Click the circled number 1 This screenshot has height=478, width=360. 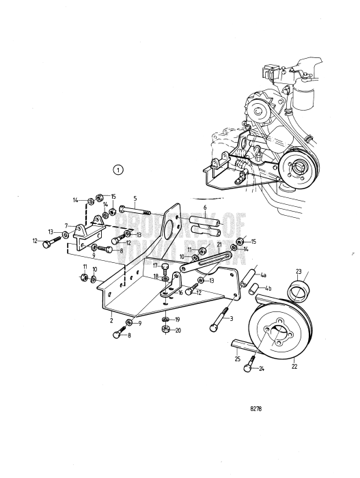click(119, 169)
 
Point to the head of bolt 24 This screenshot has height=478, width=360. click(248, 368)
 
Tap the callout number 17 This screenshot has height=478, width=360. click(155, 266)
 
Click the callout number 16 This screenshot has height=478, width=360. click(181, 292)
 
